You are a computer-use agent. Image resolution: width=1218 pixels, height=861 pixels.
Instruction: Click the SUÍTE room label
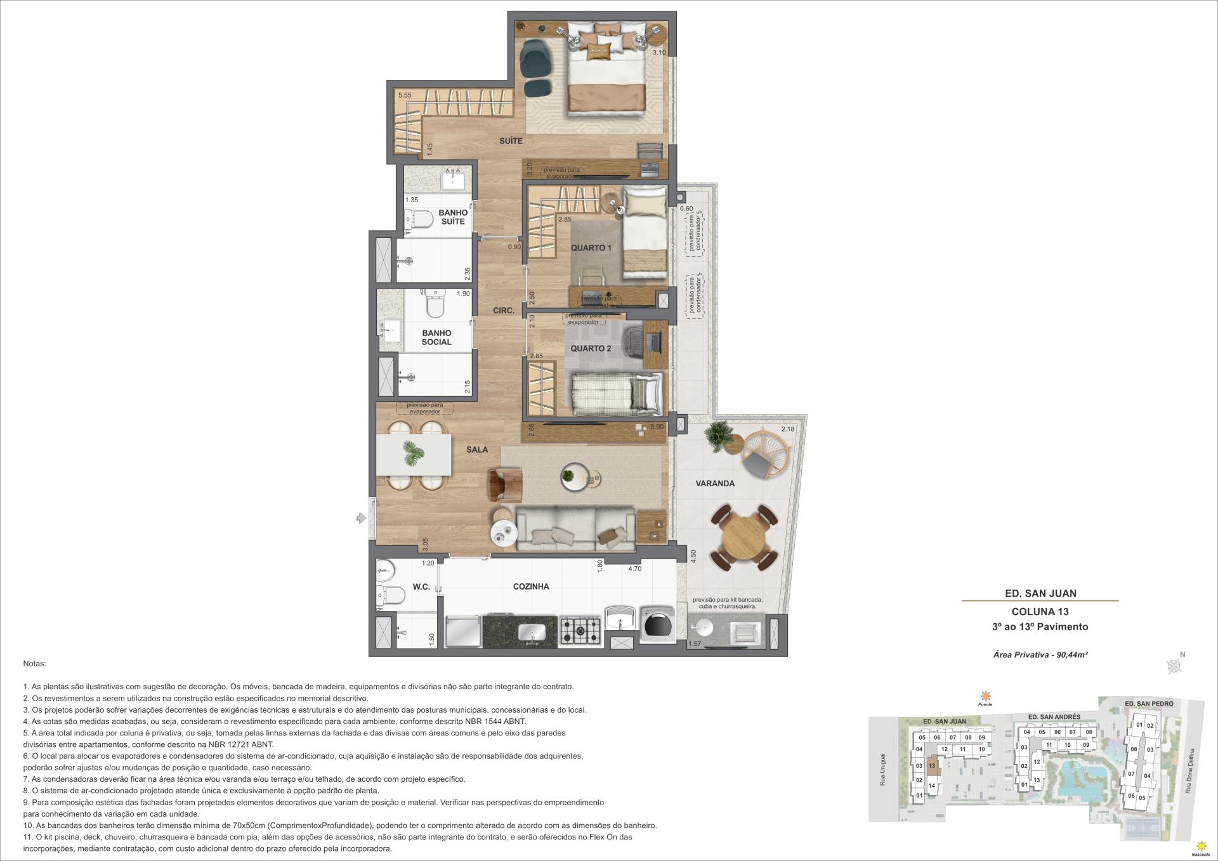tap(511, 141)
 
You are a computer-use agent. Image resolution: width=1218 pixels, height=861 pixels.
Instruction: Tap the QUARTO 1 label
tap(591, 248)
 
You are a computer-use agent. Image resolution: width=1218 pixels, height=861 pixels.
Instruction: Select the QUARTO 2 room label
tap(591, 349)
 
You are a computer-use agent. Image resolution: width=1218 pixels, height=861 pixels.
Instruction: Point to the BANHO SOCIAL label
tap(436, 337)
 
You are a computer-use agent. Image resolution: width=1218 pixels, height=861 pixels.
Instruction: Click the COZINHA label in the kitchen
tap(531, 587)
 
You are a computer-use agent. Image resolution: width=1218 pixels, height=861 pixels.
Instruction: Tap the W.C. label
tap(421, 587)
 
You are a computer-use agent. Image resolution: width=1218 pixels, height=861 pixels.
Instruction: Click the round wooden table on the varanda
tap(744, 538)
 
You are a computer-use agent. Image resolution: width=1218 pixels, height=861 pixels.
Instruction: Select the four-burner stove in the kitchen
tap(580, 630)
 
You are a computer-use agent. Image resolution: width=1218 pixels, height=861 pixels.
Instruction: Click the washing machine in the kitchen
tap(657, 625)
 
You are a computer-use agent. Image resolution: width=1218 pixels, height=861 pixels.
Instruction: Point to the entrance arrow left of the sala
tap(362, 519)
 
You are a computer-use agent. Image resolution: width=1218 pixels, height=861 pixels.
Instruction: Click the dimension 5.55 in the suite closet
tap(405, 96)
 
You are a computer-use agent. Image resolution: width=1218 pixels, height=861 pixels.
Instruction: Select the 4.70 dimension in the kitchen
tap(635, 569)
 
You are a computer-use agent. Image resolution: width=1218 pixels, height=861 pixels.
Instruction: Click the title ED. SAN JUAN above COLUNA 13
tap(1040, 593)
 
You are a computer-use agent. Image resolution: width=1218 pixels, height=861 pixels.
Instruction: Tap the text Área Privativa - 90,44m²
tap(1040, 655)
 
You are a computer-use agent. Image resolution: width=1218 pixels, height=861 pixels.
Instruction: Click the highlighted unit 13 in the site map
tap(932, 766)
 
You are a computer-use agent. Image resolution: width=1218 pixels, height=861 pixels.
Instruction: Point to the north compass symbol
tap(1174, 665)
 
